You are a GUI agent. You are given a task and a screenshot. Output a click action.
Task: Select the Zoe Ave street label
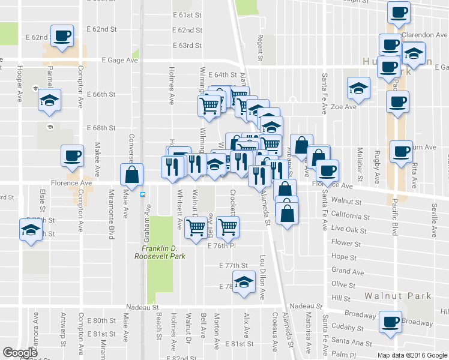(344, 106)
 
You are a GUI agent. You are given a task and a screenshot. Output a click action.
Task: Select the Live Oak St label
(349, 229)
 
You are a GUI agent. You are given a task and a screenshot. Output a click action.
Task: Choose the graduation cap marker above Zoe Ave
(358, 88)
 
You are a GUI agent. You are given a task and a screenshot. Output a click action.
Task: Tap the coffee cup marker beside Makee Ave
(71, 156)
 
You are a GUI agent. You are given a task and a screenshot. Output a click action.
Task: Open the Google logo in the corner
(20, 353)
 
